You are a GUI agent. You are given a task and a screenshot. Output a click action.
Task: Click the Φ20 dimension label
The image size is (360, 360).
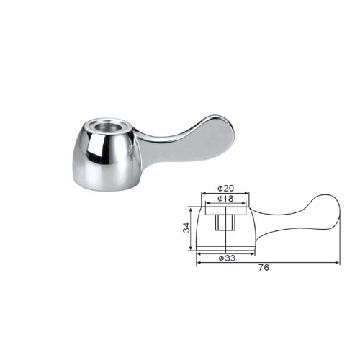(x=225, y=189)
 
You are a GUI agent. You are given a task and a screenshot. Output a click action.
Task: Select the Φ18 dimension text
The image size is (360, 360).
(x=225, y=199)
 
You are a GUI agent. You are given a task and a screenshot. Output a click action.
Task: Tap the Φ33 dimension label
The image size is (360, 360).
(x=227, y=258)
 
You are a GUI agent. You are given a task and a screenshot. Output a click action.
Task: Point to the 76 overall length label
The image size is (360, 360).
(x=264, y=267)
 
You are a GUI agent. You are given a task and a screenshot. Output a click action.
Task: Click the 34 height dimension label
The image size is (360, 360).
(x=186, y=228)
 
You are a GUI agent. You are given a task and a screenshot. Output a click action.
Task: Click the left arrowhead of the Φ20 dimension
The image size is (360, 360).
(x=204, y=193)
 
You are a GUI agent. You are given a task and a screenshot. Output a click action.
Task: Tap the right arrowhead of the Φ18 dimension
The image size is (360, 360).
(x=244, y=203)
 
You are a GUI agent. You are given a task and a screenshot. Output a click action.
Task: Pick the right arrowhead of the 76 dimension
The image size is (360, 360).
(x=338, y=263)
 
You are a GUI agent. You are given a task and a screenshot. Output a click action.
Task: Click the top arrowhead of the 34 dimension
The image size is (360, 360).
(x=191, y=210)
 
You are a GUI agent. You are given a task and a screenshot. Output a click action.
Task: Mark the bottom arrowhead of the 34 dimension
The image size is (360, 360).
(x=191, y=248)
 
